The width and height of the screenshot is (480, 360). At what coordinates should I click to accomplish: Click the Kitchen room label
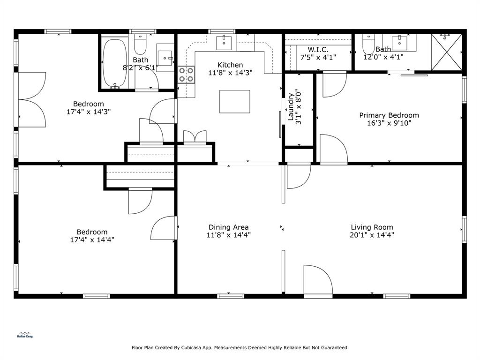tap(230, 65)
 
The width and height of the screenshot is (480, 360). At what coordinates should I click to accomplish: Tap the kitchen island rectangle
tap(234, 102)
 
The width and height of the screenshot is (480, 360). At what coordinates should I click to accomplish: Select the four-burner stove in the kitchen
tap(186, 75)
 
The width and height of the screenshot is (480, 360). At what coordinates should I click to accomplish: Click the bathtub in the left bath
tap(114, 64)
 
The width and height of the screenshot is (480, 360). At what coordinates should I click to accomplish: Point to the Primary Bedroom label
tap(389, 115)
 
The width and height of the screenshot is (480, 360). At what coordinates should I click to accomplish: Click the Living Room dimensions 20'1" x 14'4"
tap(372, 235)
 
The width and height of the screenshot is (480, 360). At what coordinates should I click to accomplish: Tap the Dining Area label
tap(228, 227)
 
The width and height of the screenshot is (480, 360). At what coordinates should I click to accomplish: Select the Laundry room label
tap(291, 107)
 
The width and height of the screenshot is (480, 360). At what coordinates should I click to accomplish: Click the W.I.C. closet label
tap(318, 50)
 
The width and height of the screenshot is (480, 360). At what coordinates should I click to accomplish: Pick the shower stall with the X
tap(446, 52)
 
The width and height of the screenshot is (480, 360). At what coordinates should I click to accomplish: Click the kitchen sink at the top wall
tap(224, 43)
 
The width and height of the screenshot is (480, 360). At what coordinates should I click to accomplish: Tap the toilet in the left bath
tap(140, 45)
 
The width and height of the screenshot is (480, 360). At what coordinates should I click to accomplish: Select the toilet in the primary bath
tap(368, 44)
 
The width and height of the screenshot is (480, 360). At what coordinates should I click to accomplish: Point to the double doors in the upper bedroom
tap(32, 99)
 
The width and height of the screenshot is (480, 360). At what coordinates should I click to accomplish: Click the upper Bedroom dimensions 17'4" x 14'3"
tap(89, 112)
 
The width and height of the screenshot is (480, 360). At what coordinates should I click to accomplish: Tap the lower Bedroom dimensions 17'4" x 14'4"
tap(92, 240)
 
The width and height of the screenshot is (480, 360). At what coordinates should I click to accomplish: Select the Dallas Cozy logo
tap(25, 335)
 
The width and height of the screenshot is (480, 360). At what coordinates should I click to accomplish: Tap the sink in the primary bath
tap(399, 43)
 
